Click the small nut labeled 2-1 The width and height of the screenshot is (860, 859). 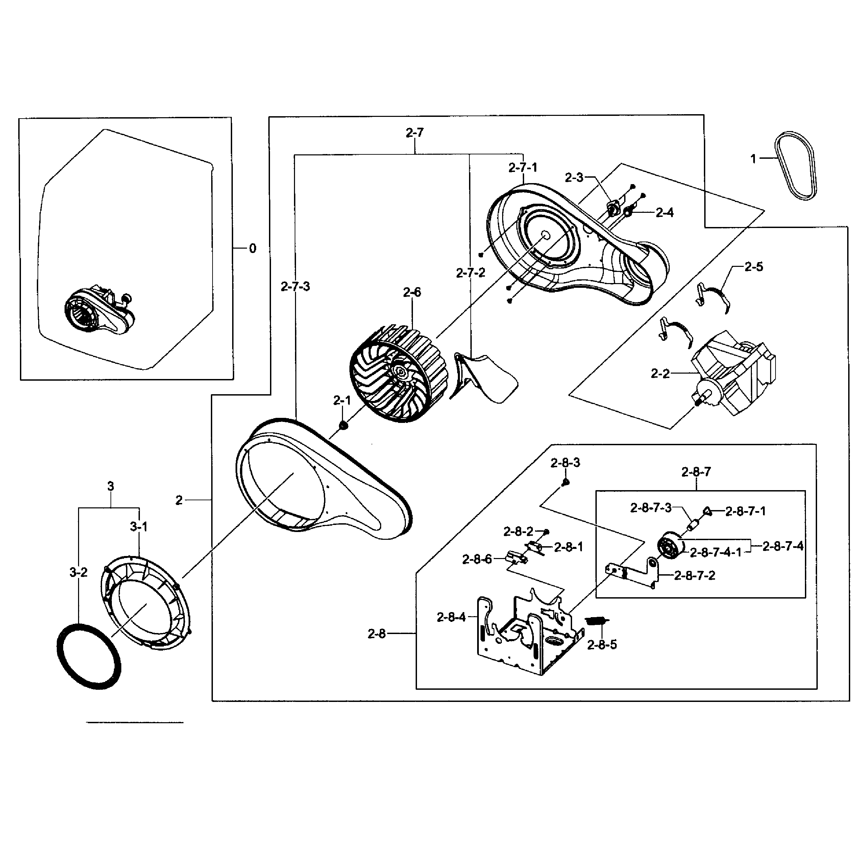[x=343, y=426]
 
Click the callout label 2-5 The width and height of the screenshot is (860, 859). [x=754, y=267]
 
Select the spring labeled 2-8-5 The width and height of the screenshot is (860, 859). [x=598, y=621]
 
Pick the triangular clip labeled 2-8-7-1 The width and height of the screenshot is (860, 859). [x=708, y=511]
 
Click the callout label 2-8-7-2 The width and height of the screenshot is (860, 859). [x=694, y=576]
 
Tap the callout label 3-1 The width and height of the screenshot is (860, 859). [x=139, y=527]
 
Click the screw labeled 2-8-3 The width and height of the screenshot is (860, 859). [x=566, y=482]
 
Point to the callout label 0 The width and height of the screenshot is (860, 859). [x=252, y=248]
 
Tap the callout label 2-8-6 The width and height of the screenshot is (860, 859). [x=477, y=559]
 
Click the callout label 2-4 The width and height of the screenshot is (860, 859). [x=665, y=213]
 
